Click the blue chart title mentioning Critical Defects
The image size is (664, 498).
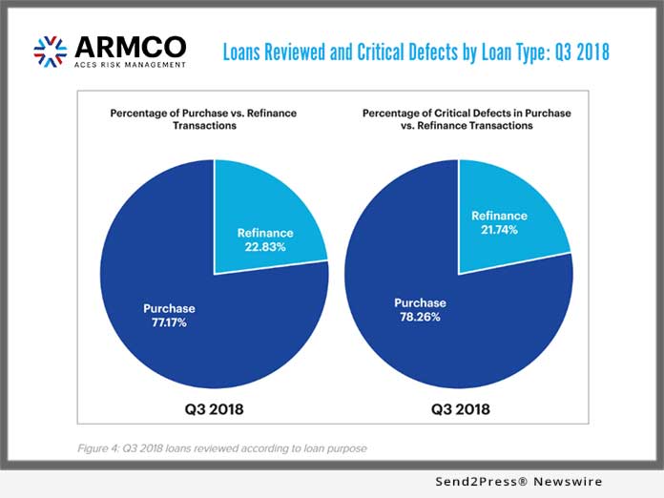(415, 51)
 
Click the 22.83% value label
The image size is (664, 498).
(264, 249)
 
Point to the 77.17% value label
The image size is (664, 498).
(169, 322)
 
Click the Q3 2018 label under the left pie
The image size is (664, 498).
(215, 408)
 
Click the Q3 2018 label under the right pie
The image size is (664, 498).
(459, 408)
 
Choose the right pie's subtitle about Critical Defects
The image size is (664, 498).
(467, 119)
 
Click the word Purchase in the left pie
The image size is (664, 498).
(169, 308)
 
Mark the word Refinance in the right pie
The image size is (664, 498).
(499, 216)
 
